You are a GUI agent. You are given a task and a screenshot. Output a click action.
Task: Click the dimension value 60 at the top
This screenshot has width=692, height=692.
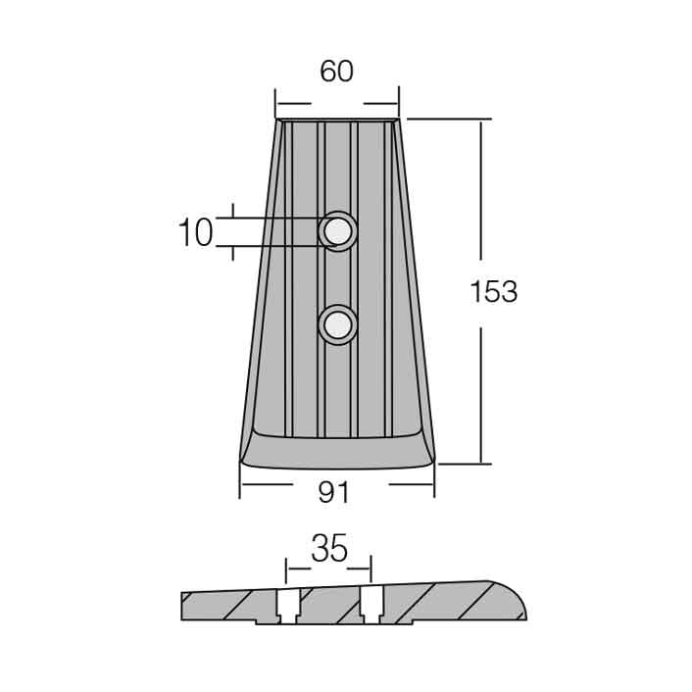click(x=337, y=71)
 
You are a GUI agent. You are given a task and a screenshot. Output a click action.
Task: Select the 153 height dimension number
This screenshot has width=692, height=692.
click(x=493, y=292)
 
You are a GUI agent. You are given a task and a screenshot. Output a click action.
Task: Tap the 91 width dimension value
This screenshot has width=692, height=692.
click(x=333, y=492)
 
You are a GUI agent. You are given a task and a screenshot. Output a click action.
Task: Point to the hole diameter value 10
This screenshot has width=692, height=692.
click(x=196, y=232)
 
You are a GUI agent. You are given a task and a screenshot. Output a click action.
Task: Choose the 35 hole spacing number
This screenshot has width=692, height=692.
click(x=329, y=548)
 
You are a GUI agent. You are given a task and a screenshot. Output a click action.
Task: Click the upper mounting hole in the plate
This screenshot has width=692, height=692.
click(x=338, y=231)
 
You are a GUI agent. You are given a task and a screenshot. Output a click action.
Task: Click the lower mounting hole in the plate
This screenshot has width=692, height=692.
click(x=338, y=325)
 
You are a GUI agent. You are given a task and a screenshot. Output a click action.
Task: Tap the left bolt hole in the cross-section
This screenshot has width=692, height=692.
click(x=288, y=607)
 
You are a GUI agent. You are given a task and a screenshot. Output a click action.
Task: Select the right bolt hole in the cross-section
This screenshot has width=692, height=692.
click(x=371, y=605)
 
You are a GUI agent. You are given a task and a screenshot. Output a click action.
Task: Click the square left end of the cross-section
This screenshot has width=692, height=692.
click(x=182, y=607)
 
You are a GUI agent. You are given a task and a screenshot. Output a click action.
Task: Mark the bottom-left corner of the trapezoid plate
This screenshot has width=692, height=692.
click(x=239, y=463)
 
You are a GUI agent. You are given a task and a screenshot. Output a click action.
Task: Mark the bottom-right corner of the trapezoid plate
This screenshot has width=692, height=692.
click(x=435, y=461)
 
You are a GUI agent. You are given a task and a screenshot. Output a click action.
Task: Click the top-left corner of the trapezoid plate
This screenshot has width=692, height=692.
click(x=276, y=120)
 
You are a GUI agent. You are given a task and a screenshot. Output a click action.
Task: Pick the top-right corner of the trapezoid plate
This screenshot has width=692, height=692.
click(x=399, y=119)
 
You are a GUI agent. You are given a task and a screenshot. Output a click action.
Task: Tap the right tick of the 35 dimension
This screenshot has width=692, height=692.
click(x=371, y=568)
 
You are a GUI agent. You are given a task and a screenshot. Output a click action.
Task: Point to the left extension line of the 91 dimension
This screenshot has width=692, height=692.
click(x=239, y=481)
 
